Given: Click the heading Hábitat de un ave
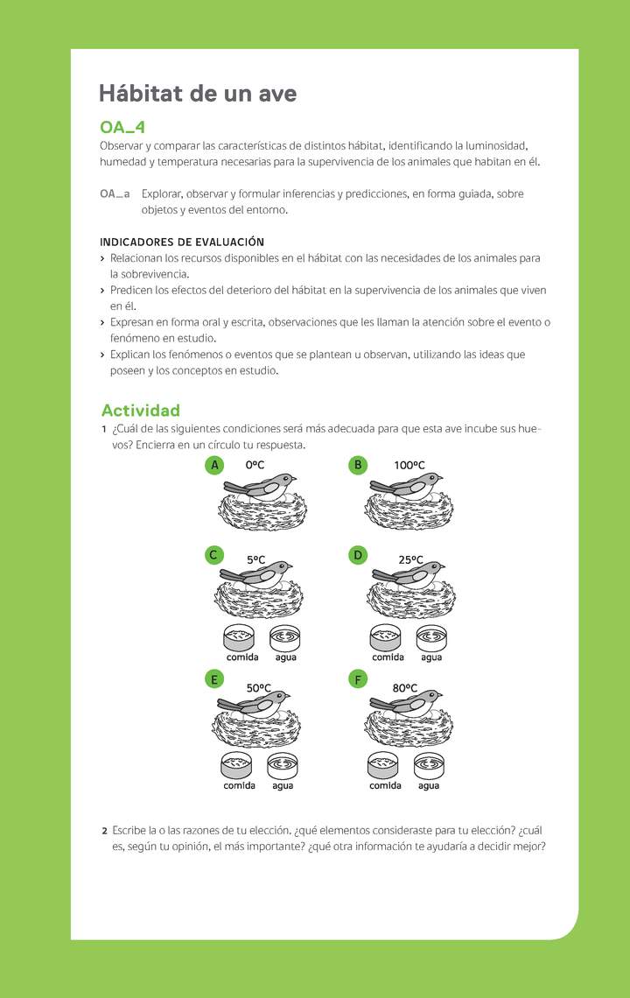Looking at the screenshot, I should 197,94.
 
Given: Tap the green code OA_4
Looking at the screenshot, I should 122,128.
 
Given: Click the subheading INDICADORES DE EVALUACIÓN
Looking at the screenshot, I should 181,242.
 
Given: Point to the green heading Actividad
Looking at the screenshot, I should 141,410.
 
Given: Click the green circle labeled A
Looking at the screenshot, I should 214,465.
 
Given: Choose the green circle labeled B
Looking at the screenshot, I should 357,465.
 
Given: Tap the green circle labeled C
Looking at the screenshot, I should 213,554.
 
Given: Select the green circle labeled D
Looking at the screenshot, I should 357,554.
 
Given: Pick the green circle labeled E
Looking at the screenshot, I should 213,678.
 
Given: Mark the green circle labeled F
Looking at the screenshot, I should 357,678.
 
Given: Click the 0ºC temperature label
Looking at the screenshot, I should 255,466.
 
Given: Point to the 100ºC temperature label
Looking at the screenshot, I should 409,466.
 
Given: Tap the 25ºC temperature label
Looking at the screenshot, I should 410,559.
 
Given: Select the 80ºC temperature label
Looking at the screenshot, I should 404,688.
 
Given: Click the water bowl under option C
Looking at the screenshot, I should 285,637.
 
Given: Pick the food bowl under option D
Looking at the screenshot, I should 385,637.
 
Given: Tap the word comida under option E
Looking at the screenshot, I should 239,785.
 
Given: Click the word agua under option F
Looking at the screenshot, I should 429,785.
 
